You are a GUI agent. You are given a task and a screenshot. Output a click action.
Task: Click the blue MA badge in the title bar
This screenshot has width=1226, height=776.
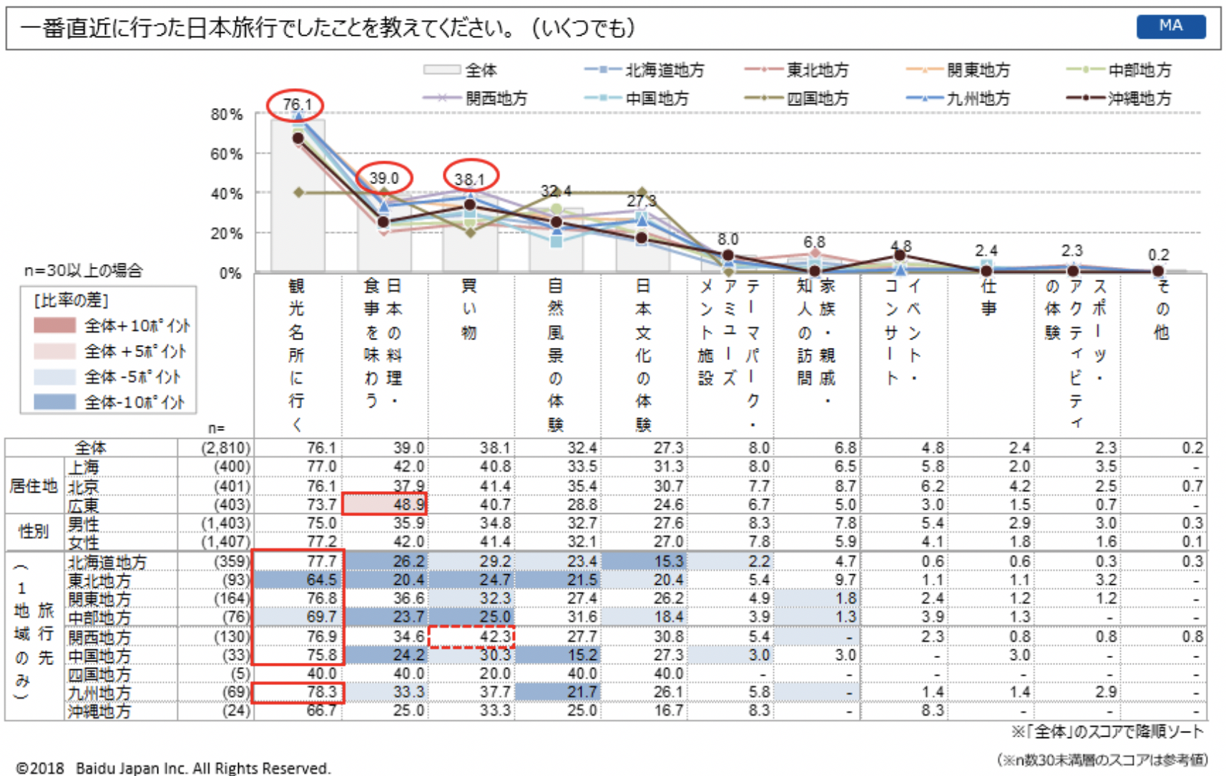pos(1170,26)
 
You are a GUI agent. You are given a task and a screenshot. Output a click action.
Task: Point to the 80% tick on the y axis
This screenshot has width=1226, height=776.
pos(227,115)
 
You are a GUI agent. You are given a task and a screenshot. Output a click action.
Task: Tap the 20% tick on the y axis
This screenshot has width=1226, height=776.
pos(227,233)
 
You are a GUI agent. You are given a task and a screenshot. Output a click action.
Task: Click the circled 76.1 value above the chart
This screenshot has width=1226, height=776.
pos(295,105)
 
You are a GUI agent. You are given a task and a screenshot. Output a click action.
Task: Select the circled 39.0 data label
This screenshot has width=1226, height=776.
pos(384,178)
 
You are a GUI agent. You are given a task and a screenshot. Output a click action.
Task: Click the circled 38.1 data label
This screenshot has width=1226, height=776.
pos(470,178)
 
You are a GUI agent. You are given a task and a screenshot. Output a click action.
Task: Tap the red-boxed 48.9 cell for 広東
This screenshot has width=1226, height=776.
pos(385,504)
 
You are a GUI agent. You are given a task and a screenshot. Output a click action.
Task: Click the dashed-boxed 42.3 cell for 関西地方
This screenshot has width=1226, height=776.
pos(471,636)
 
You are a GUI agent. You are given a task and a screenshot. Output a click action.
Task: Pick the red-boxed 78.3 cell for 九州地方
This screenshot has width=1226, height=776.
pos(298,692)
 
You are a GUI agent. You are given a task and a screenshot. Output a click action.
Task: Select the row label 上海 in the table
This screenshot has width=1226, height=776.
pos(84,467)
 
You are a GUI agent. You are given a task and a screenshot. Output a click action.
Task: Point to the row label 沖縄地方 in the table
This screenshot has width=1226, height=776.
pos(99,711)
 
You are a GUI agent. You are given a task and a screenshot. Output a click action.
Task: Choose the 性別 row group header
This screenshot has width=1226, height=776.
pos(34,532)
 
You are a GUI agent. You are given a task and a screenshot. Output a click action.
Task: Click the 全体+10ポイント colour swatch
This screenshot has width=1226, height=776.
pos(54,326)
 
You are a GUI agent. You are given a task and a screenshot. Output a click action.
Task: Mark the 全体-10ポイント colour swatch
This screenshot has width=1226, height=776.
pos(54,402)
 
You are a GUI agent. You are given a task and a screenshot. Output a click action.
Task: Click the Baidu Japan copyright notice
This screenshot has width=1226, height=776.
pos(173,768)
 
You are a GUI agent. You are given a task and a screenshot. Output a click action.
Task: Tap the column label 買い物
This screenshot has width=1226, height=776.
pos(469,309)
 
